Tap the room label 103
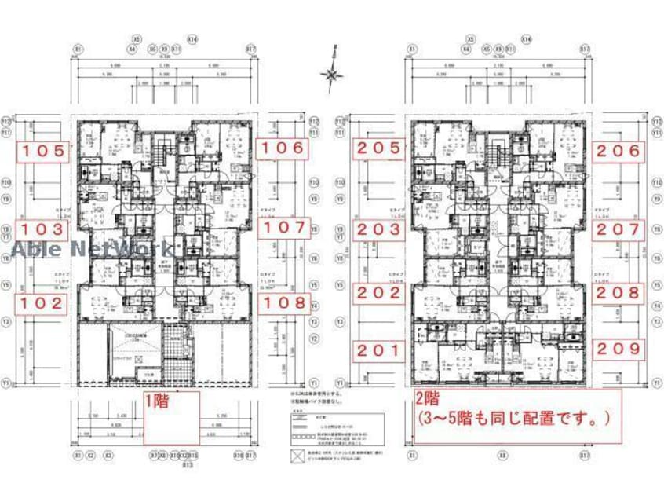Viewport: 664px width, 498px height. click(45, 229)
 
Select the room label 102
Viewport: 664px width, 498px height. click(45, 304)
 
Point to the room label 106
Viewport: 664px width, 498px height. click(283, 147)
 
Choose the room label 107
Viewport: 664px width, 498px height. click(284, 229)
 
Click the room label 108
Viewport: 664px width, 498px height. click(284, 302)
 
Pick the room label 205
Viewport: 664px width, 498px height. click(378, 147)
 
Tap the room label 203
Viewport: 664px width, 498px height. click(378, 229)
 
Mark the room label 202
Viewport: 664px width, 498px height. click(378, 292)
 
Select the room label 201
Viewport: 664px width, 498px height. click(378, 350)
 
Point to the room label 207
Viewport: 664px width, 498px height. click(619, 229)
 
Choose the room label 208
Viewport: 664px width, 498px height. click(619, 292)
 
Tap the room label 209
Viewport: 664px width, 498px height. click(619, 348)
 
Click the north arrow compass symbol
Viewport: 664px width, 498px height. click(333, 74)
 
